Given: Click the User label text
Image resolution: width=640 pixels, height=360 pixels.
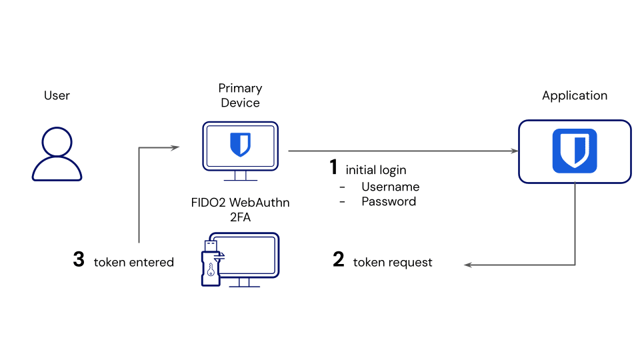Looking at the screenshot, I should coord(57,95).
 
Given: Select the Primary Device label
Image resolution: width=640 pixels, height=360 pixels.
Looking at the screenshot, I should coord(240,95).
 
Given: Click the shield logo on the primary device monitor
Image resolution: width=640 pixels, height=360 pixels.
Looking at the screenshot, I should coord(240,144).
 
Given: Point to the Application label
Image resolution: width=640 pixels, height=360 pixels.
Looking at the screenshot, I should coord(574,95).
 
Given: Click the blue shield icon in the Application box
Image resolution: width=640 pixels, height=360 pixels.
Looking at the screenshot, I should coord(574,151).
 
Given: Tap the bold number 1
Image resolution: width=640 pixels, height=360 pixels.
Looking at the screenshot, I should coord(334,168).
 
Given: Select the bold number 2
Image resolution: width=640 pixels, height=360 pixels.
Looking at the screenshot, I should coord(339,260).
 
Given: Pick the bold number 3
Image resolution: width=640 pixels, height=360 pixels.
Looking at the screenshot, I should coord(79,260).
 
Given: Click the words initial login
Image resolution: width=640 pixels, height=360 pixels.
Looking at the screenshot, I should coord(375,170).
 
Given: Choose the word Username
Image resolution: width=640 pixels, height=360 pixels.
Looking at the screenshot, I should coord(390,187).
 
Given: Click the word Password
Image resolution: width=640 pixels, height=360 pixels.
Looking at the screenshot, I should coord(389,201).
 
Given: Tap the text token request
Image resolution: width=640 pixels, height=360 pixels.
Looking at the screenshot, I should coord(393,263).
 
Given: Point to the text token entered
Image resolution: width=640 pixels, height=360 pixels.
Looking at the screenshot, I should coord(133,263).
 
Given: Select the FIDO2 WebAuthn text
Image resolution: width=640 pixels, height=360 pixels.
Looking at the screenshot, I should coord(240,202).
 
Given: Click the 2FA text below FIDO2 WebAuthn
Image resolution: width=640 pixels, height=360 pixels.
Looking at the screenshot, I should coord(240,217).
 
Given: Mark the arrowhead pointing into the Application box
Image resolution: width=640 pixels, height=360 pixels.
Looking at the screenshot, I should coord(515,151).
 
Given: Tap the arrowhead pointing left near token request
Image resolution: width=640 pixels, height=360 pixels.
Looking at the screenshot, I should coord(468,265).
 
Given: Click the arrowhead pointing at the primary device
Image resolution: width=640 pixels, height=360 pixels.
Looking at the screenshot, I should coord(176,147).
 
